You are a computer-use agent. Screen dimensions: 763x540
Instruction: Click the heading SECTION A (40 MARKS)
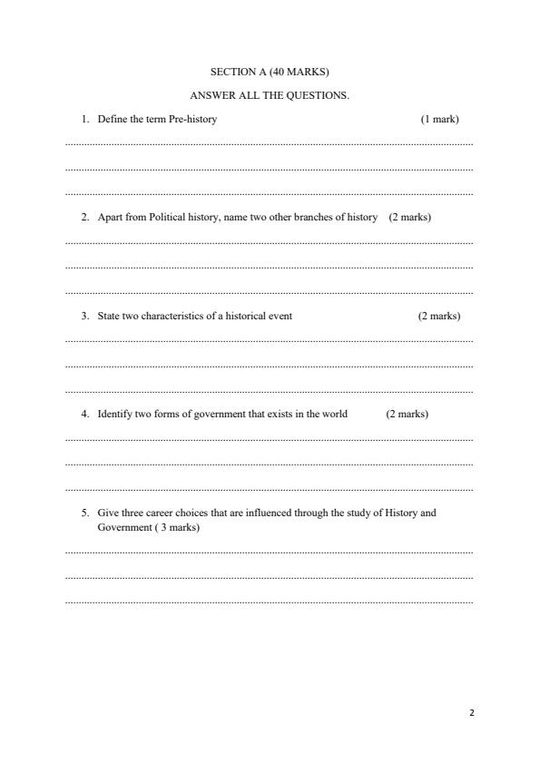(269, 71)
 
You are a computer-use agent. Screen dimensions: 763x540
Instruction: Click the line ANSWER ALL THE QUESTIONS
(269, 95)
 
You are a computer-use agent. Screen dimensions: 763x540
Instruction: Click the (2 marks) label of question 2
(409, 218)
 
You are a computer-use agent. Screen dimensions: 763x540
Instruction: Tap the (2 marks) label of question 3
(438, 317)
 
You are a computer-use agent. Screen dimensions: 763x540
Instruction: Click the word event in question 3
(280, 317)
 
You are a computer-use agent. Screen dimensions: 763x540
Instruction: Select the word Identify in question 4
(115, 415)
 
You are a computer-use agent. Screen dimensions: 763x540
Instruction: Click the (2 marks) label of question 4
(407, 415)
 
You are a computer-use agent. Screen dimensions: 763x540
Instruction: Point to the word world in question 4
(335, 415)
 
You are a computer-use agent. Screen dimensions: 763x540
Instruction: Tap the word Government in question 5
(123, 528)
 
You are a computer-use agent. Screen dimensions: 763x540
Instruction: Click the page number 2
(472, 713)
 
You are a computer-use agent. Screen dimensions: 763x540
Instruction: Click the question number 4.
(83, 415)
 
